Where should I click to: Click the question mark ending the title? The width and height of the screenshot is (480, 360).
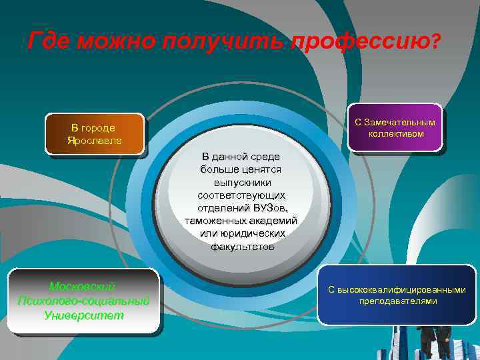pos(436,41)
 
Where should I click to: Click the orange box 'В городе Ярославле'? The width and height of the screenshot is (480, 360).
pos(94,134)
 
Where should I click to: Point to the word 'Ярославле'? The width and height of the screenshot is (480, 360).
pos(94,140)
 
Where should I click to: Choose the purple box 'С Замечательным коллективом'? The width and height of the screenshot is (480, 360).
pos(395,127)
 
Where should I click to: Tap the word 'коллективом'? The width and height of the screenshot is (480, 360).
pos(395,133)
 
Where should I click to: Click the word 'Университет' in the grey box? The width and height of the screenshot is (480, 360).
pos(83,315)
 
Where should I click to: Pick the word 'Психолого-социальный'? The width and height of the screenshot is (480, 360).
pos(83,301)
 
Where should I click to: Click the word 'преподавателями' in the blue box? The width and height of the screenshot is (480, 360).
pos(397,301)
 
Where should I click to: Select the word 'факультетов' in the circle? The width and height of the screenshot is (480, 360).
pos(242,246)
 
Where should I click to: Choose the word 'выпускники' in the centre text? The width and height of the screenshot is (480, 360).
pos(242,182)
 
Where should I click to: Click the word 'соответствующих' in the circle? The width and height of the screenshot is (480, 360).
pos(241,195)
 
